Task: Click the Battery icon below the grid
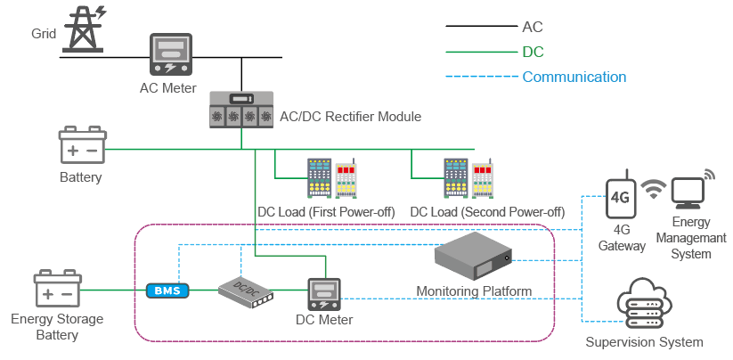point(82,146)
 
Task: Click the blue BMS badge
point(167,290)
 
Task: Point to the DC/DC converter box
point(243,288)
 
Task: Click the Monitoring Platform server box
point(473,255)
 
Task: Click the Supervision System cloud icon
point(642,302)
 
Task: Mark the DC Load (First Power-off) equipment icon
point(331,180)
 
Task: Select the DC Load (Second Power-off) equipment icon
point(468,180)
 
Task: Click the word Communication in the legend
point(574,77)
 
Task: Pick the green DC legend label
point(533,52)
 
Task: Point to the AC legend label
point(533,27)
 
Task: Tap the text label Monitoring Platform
point(474,291)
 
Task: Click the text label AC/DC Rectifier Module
point(350,116)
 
